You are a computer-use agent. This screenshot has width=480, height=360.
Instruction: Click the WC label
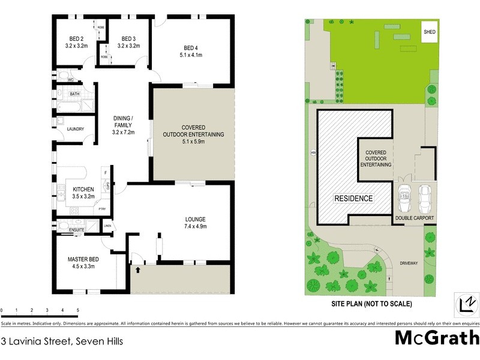(x=71, y=80)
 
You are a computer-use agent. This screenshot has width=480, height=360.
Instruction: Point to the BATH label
(x=74, y=94)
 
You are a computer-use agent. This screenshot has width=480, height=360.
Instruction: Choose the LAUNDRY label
(x=75, y=129)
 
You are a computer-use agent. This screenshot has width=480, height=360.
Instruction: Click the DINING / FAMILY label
(x=124, y=121)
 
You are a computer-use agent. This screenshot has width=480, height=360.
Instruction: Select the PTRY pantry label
(x=102, y=209)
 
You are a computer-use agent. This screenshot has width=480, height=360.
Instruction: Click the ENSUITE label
(x=76, y=230)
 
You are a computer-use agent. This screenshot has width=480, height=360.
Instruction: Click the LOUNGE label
(x=195, y=219)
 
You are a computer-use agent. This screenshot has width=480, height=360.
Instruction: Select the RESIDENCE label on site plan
(x=354, y=199)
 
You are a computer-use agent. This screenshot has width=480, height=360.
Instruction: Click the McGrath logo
(x=436, y=338)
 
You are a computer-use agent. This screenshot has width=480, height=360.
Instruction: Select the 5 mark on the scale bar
(x=78, y=311)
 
